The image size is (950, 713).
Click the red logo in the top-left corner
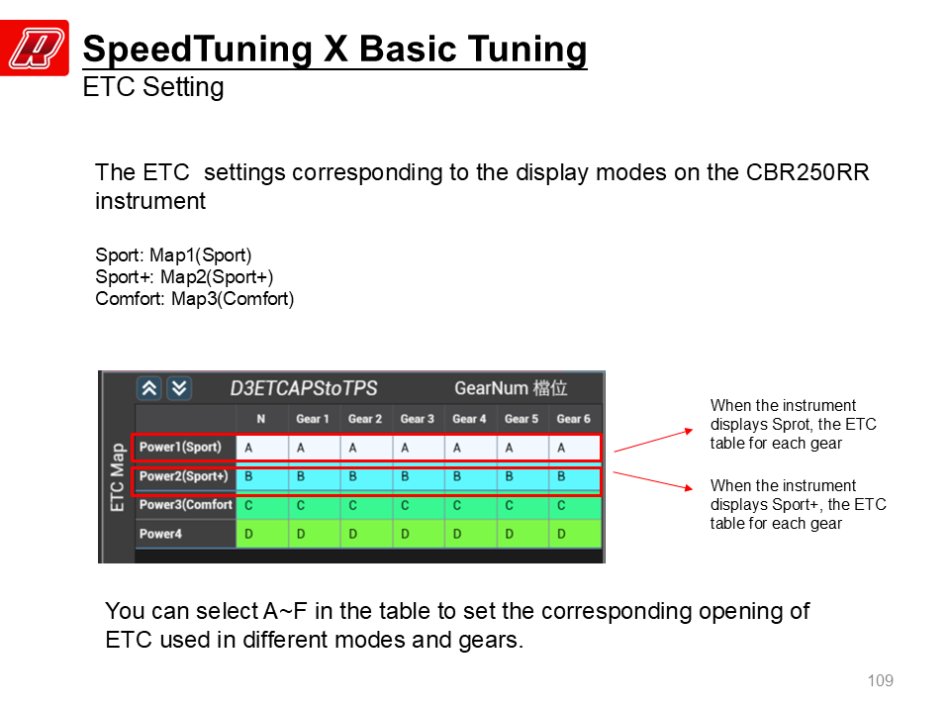pos(35,48)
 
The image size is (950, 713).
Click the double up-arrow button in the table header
pos(149,388)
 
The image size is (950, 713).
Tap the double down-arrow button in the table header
pos(179,388)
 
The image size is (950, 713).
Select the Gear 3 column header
pos(418,419)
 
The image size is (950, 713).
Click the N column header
pos(261,419)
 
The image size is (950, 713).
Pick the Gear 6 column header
pos(573,419)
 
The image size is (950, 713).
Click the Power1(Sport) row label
pos(180,448)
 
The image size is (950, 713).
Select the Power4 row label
pos(160,534)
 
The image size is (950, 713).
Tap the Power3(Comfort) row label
pos(186,505)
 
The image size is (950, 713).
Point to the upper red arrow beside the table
pos(653,441)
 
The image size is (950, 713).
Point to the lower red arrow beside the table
pos(653,481)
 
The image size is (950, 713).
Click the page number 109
pos(881,681)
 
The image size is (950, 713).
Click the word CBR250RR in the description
pos(807,172)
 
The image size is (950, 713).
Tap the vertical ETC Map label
pos(118,477)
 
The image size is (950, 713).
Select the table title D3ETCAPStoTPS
pos(304,388)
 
